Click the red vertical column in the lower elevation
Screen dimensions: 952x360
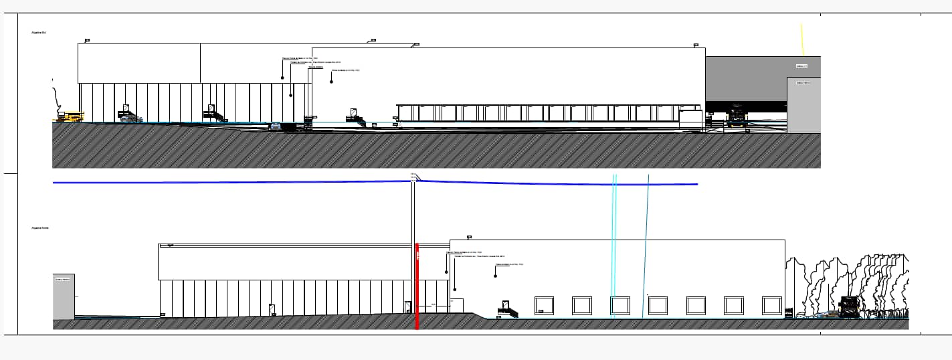tap(417, 288)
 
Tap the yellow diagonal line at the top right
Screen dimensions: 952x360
tap(803, 40)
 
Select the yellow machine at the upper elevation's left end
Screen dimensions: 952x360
tap(70, 116)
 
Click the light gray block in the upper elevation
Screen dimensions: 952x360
tap(803, 105)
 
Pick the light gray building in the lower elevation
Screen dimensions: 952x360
tap(64, 296)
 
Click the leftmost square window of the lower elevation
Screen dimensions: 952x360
tap(544, 306)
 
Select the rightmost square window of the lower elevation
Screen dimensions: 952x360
tap(772, 306)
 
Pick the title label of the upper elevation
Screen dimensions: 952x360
tap(38, 32)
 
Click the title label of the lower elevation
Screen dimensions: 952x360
tap(39, 228)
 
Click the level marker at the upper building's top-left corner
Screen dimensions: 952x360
tap(87, 41)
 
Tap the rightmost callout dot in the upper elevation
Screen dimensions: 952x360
tap(331, 82)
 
